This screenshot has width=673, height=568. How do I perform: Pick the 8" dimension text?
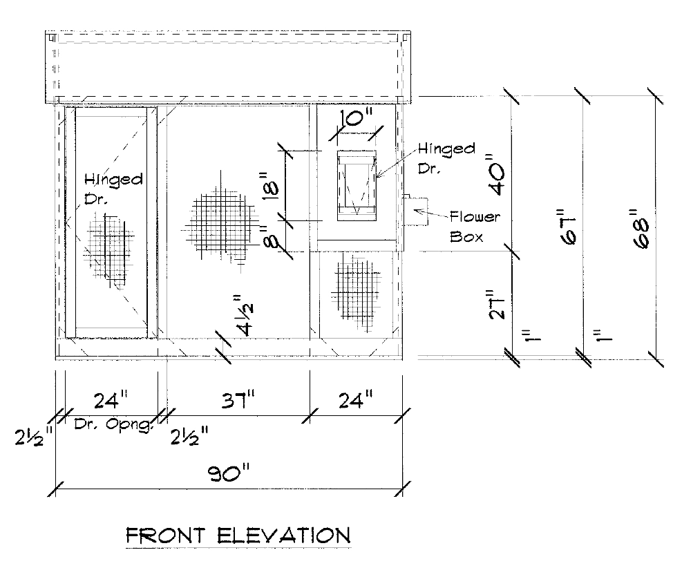click(x=261, y=240)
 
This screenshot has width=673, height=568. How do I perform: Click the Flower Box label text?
click(x=475, y=226)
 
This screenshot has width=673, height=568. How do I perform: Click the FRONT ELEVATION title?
click(x=236, y=535)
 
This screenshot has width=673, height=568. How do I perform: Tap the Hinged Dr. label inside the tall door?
click(x=113, y=188)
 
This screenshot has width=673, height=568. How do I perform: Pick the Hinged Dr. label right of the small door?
click(x=446, y=158)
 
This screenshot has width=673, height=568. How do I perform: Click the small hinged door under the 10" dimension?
click(x=357, y=185)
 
